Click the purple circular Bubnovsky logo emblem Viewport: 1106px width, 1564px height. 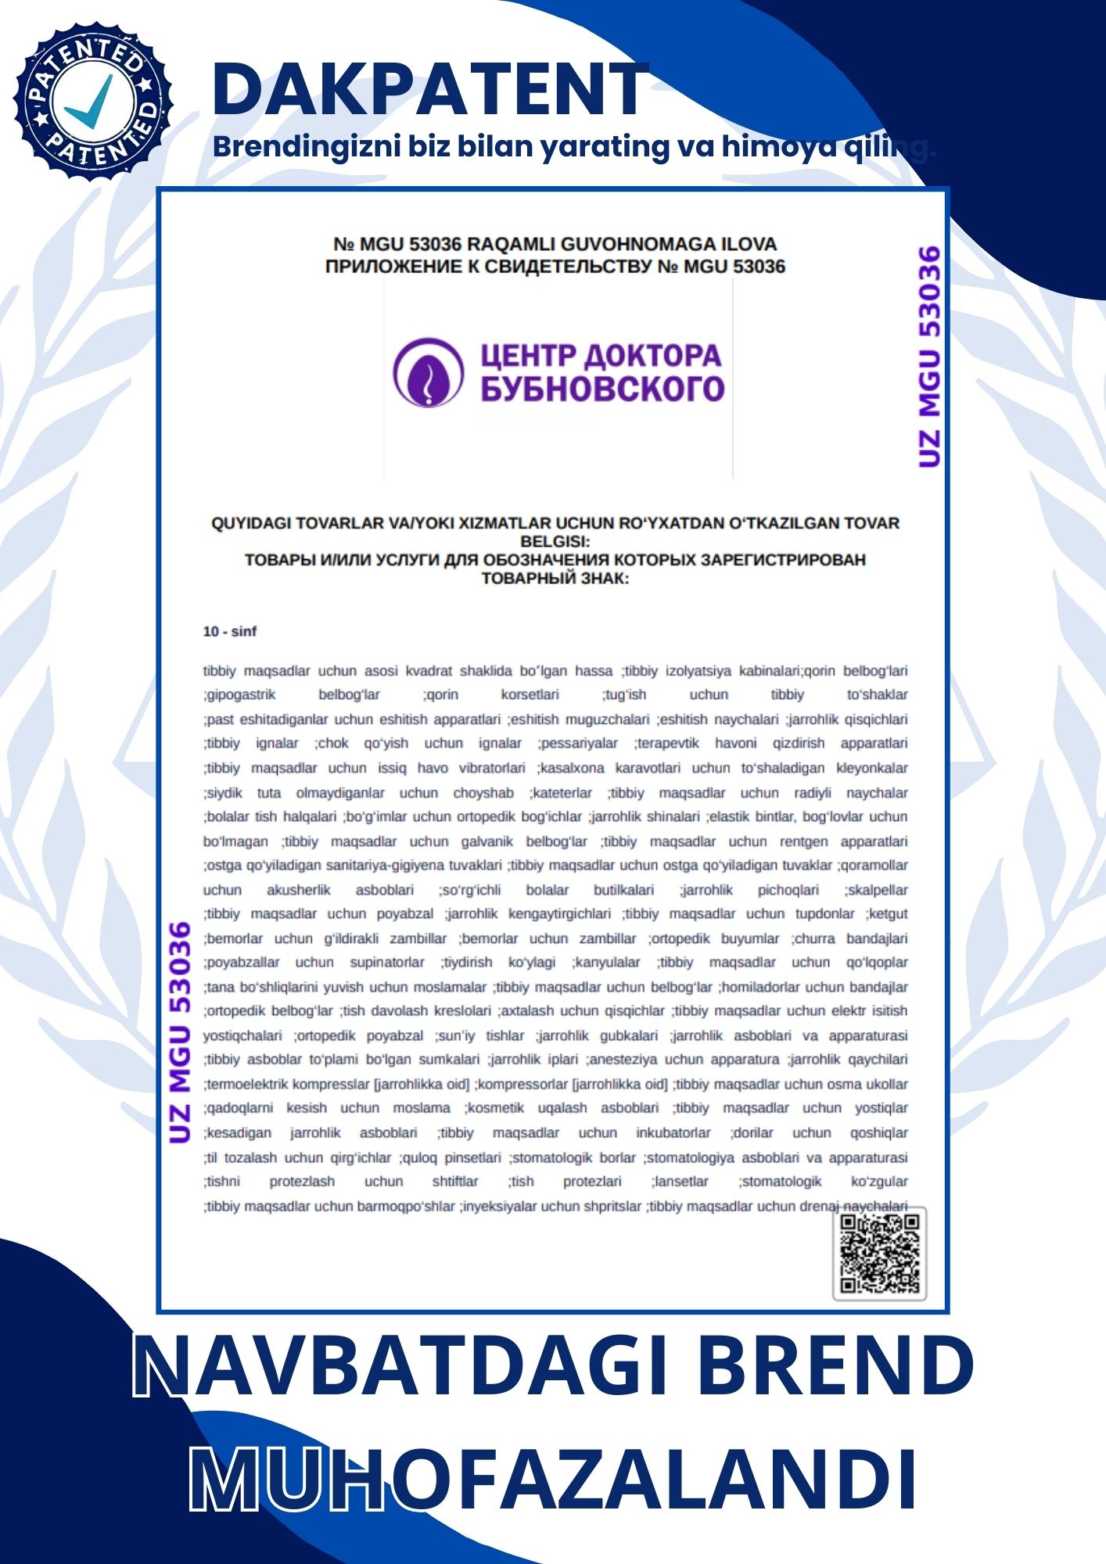[x=428, y=373]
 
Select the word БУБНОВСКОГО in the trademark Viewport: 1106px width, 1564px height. [x=602, y=389]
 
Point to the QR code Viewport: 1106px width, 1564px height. [x=879, y=1253]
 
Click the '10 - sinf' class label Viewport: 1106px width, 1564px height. [x=229, y=631]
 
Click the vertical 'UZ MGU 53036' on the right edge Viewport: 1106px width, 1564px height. [x=929, y=357]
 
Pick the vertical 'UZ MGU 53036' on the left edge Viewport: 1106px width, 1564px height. [x=180, y=1032]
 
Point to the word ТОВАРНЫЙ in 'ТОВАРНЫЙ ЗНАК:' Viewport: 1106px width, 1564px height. [x=526, y=579]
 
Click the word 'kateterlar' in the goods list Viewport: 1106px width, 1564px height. [x=562, y=793]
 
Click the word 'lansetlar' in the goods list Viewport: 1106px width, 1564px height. [x=681, y=1181]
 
